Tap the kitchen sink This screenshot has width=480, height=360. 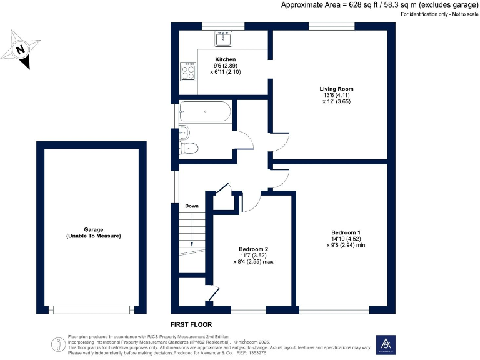223,39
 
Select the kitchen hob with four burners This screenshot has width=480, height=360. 187,71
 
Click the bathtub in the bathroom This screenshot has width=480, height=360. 204,113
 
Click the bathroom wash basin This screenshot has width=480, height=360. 184,132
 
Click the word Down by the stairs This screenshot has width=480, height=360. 192,206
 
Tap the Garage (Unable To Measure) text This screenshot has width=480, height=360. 93,232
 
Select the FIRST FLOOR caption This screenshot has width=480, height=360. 191,325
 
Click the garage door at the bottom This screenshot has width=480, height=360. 92,309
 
